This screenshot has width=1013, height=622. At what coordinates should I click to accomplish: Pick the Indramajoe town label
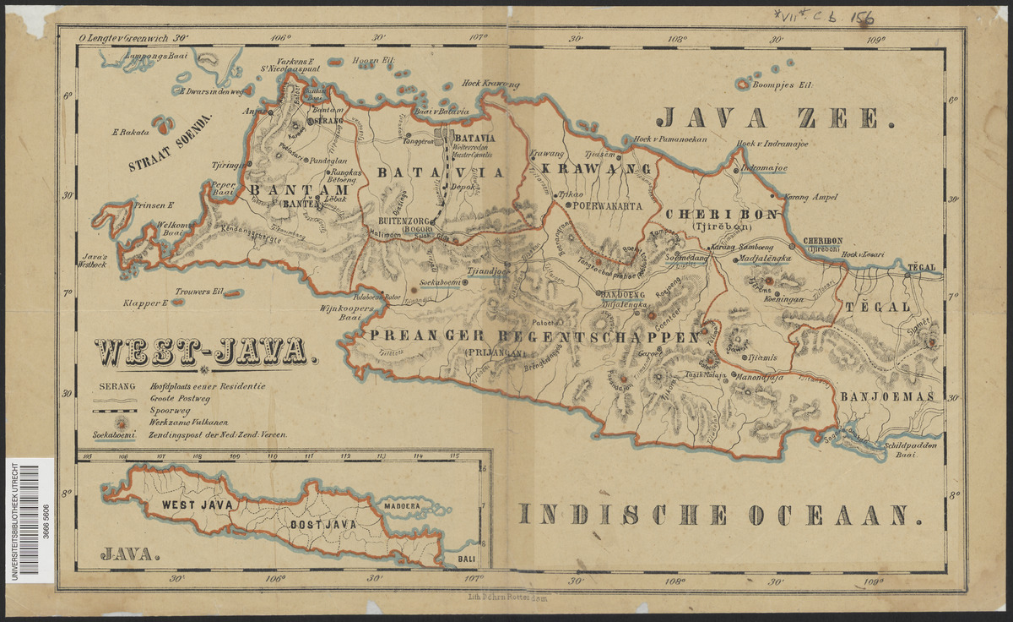[x=764, y=168]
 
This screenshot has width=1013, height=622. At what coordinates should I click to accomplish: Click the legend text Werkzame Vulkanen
[x=187, y=420]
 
